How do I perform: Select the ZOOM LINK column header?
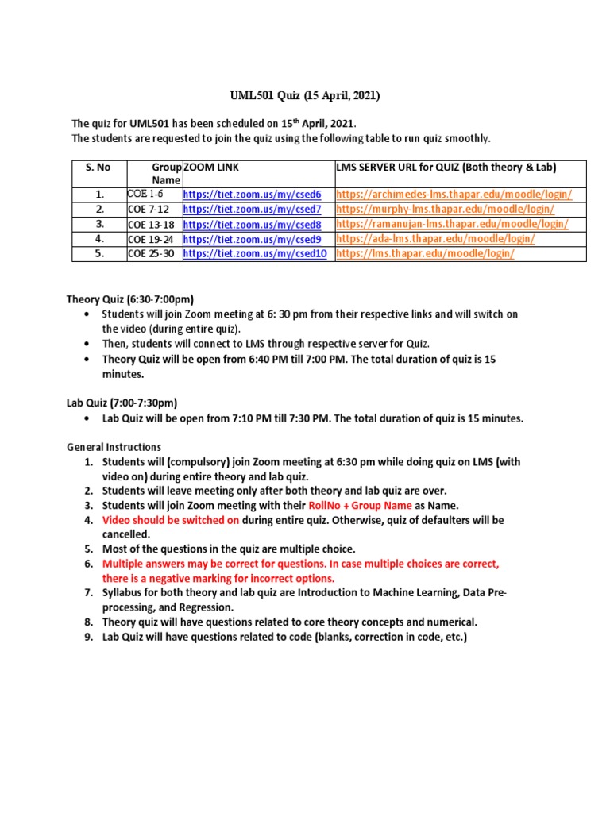point(210,167)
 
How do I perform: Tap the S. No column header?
point(98,167)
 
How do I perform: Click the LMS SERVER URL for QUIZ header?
point(446,167)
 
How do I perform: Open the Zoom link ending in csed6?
point(252,195)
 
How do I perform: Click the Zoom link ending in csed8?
point(252,224)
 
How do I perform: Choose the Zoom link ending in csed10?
point(255,253)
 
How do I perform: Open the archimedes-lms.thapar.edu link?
point(454,195)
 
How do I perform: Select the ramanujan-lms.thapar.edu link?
point(452,224)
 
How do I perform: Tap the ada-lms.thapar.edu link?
point(435,238)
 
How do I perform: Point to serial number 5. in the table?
point(99,253)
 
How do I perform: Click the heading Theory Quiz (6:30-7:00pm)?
point(129,299)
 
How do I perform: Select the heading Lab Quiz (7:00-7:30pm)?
point(122,403)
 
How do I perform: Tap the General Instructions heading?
point(113,447)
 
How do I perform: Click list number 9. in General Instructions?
point(89,638)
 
